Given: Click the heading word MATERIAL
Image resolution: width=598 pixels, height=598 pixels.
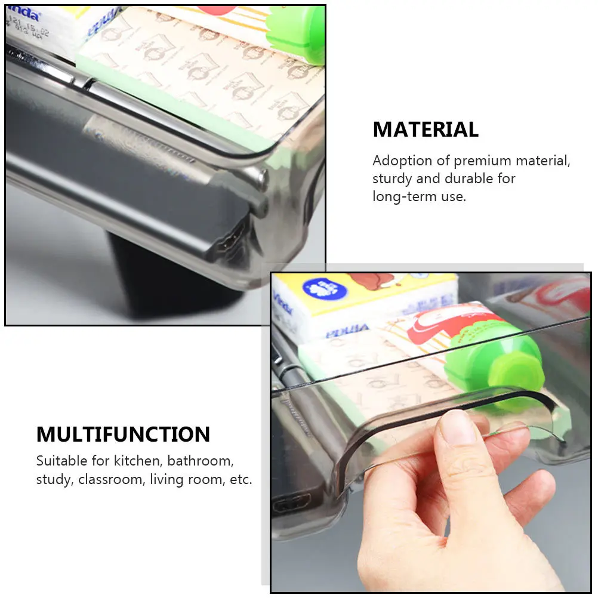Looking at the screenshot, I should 426,130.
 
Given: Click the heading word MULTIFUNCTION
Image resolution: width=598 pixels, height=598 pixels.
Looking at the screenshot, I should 123,434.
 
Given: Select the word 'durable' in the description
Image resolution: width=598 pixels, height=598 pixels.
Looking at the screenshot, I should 469,178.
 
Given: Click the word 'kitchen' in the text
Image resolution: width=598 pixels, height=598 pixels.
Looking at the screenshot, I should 140,461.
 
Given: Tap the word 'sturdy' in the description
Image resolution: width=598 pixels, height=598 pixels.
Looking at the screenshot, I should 392,178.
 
